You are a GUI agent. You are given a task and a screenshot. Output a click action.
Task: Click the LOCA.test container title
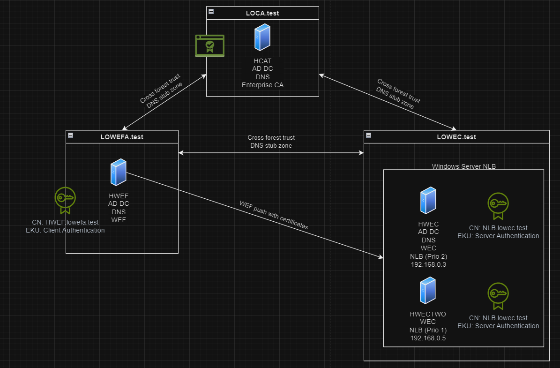(262, 13)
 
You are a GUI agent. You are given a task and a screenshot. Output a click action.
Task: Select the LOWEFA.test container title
(122, 137)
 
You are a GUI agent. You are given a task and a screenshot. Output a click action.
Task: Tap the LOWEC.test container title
(456, 137)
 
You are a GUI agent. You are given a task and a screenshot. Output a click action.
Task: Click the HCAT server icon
(262, 38)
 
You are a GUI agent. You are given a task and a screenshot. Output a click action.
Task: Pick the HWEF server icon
(118, 173)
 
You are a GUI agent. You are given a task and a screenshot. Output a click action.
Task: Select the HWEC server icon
(427, 200)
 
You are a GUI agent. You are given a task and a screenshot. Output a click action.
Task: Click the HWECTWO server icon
(427, 291)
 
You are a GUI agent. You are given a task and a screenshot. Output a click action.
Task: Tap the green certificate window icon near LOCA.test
(209, 46)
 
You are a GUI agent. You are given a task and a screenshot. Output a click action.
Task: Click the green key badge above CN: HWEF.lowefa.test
(65, 200)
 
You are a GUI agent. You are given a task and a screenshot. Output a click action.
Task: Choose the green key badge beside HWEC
(498, 206)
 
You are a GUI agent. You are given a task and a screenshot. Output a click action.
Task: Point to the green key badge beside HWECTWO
(498, 296)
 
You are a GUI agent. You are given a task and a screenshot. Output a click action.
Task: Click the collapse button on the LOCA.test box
(211, 12)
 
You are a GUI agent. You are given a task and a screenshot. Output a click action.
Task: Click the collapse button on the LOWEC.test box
(368, 135)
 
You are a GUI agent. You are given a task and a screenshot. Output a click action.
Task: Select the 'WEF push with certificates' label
(274, 215)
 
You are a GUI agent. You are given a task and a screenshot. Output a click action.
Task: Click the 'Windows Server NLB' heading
(463, 166)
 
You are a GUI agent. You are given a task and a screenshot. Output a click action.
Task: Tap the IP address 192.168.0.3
(427, 264)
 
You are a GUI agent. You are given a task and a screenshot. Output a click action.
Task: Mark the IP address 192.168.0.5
(427, 338)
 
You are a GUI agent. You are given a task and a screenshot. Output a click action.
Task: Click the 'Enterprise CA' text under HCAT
(262, 85)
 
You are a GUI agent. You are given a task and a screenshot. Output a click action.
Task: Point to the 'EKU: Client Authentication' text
(65, 230)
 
